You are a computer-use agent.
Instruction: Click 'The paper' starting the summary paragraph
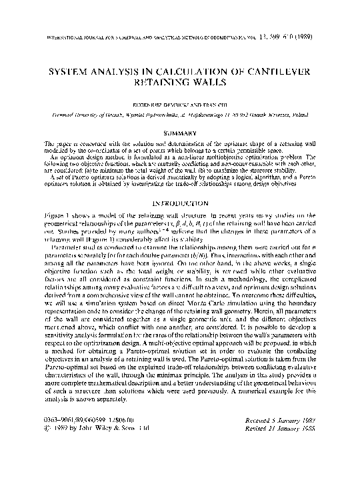(51, 145)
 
